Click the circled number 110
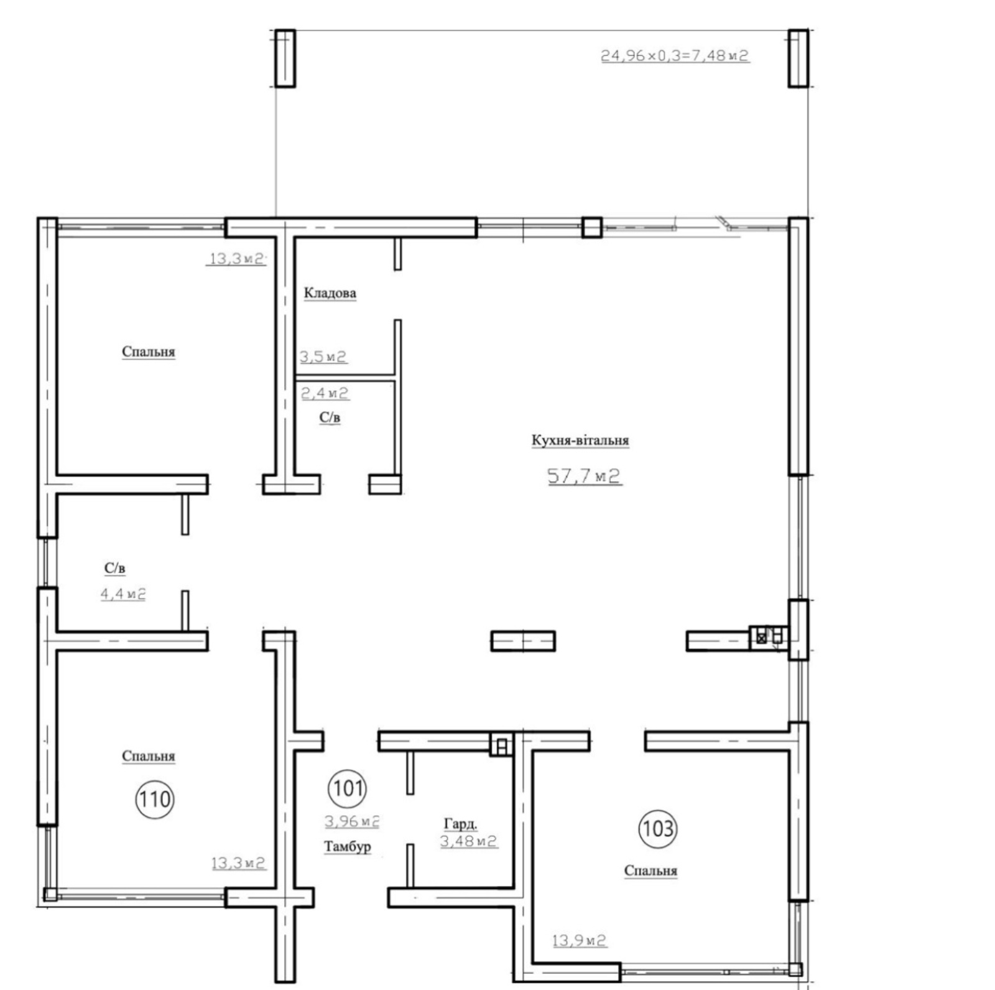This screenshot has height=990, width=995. click(154, 798)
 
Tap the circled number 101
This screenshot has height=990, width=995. click(348, 788)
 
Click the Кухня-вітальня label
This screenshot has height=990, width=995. click(580, 440)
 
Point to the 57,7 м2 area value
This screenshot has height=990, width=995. click(584, 476)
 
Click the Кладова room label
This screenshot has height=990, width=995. click(330, 292)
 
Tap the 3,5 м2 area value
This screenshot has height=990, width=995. click(323, 357)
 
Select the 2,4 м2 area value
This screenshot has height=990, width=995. click(325, 393)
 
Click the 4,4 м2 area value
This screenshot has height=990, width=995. click(123, 594)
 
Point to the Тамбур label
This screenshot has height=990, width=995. click(348, 846)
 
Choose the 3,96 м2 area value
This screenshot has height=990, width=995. click(352, 821)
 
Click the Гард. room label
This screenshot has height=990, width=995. click(461, 824)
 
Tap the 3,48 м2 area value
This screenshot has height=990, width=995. click(469, 841)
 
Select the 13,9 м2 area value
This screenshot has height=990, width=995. click(579, 940)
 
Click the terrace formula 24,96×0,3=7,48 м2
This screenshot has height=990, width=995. click(675, 55)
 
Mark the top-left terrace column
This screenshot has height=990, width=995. click(285, 58)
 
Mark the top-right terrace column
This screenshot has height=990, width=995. click(798, 58)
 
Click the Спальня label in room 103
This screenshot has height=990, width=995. click(650, 871)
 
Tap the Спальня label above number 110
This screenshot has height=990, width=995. click(149, 756)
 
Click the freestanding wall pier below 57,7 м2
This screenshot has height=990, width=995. click(523, 641)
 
